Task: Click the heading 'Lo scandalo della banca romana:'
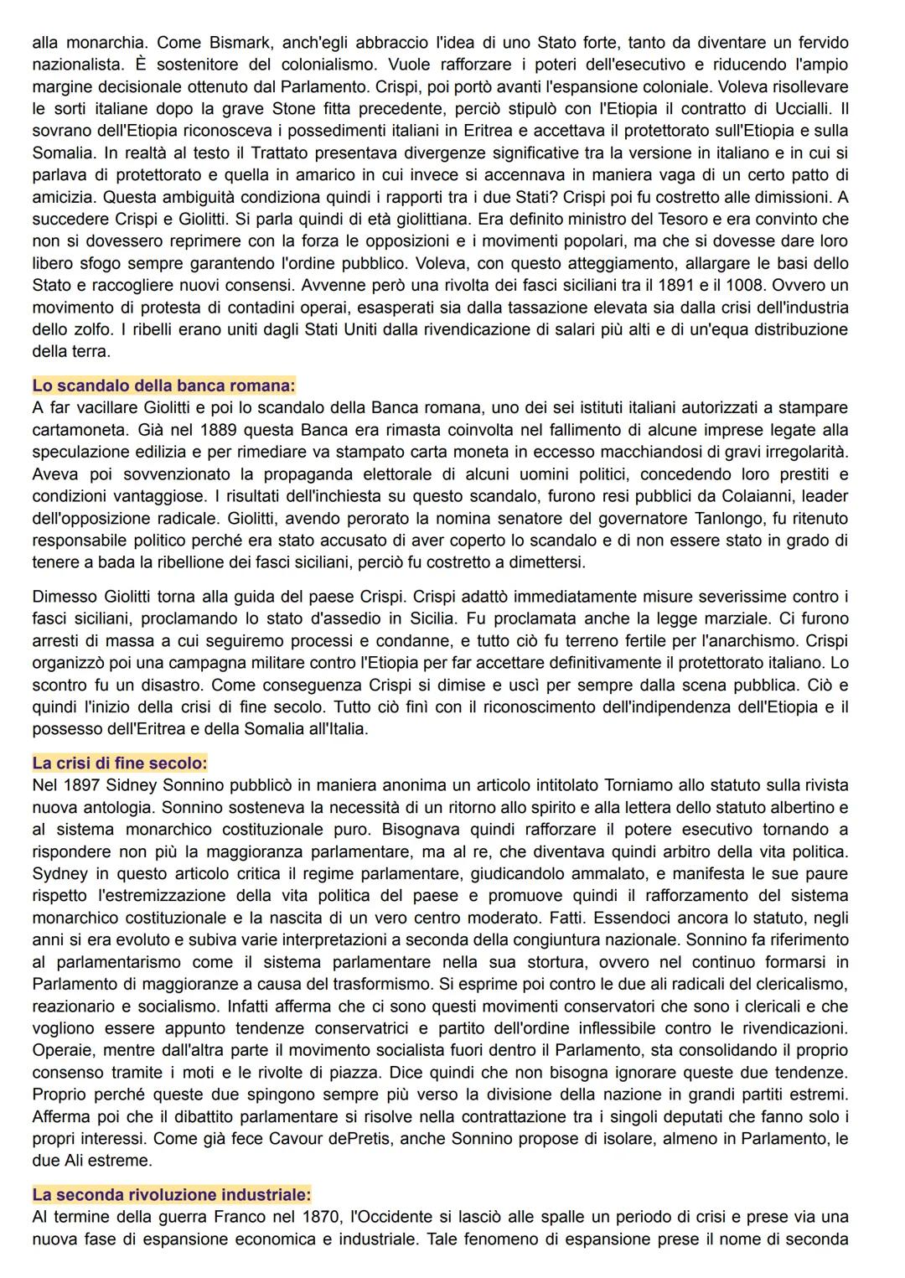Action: coord(163,385)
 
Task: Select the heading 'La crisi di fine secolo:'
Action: coord(120,763)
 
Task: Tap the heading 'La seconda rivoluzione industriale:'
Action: coord(171,1194)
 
